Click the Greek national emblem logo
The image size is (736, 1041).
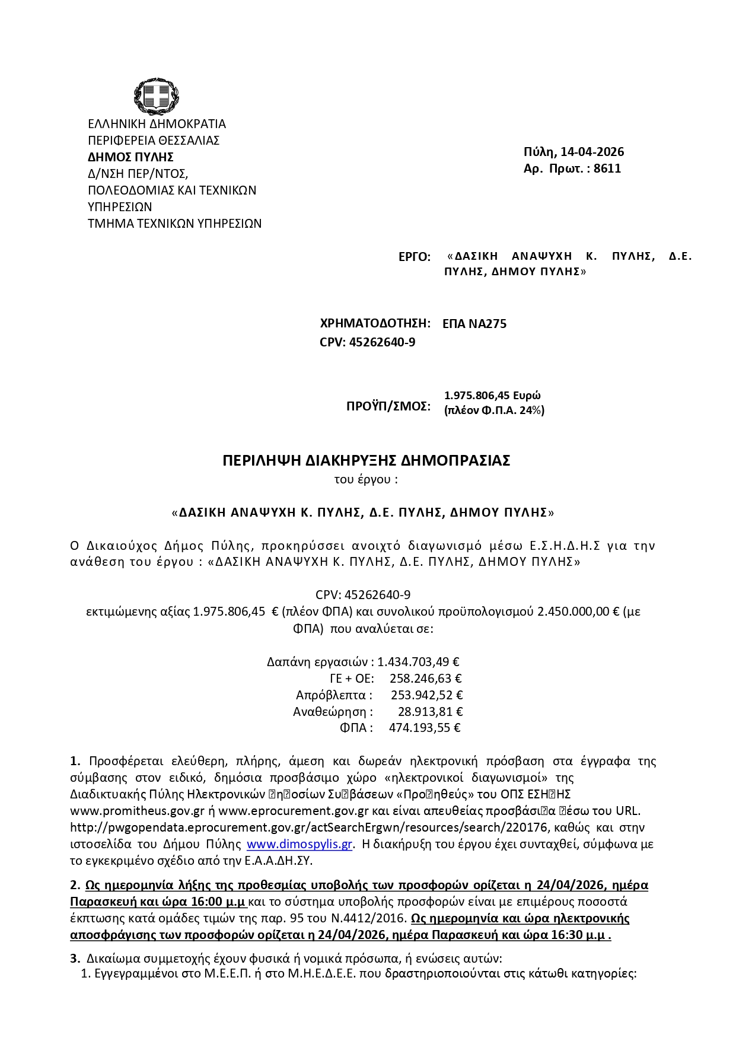click(156, 96)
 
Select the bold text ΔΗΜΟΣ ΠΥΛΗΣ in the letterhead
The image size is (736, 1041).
click(130, 157)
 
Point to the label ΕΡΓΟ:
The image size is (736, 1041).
click(415, 257)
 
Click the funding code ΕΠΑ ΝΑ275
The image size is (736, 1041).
click(474, 324)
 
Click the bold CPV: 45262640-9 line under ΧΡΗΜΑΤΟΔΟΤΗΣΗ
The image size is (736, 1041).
click(367, 342)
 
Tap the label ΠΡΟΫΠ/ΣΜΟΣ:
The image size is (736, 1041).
click(388, 406)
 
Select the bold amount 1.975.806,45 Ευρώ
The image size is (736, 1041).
click(492, 396)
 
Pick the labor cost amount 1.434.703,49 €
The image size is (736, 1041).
click(418, 662)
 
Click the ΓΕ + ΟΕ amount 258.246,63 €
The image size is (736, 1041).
click(425, 679)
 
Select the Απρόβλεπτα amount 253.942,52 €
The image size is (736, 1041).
click(426, 695)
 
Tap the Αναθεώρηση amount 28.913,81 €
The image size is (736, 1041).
click(430, 712)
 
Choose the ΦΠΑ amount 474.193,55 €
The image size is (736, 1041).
click(425, 728)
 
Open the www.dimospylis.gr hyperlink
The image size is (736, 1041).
click(300, 844)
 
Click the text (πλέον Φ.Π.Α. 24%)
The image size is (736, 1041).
click(494, 410)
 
